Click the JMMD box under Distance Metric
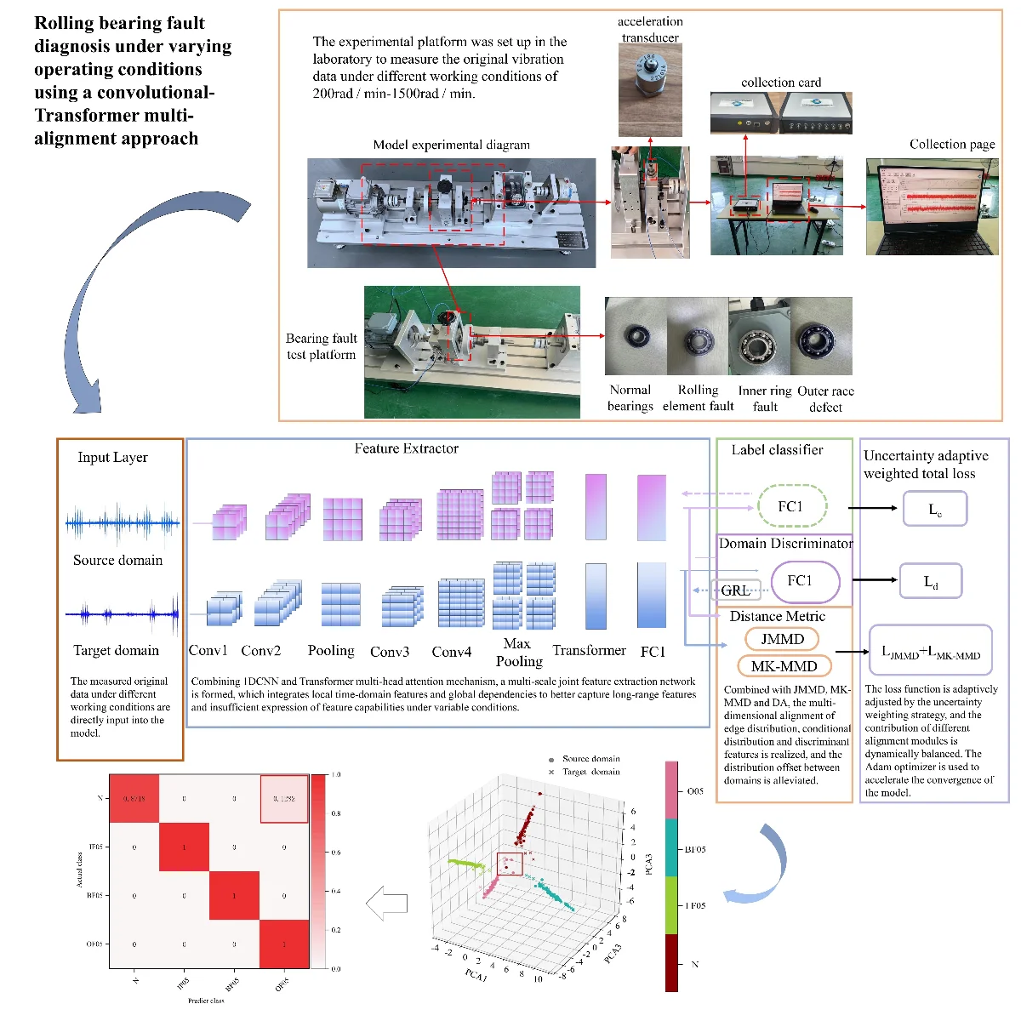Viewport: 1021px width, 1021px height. (782, 639)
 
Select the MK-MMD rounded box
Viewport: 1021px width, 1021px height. (784, 666)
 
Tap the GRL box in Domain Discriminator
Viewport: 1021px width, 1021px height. (736, 590)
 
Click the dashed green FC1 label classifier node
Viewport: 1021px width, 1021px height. (791, 507)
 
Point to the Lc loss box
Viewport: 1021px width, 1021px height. (935, 510)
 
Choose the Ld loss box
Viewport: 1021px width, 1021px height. (931, 582)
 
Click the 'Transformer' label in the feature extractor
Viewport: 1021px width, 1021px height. (589, 650)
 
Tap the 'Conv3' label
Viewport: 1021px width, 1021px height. (390, 652)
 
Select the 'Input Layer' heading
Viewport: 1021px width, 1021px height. (112, 457)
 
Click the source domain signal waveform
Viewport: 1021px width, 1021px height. (123, 522)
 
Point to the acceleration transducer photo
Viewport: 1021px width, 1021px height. (650, 90)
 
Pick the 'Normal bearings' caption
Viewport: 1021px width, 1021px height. (630, 397)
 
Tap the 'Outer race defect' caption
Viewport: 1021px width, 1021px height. (825, 398)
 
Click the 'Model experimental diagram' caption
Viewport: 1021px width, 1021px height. (451, 145)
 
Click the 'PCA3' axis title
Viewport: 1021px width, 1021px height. (648, 864)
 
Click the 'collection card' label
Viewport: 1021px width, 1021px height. (781, 83)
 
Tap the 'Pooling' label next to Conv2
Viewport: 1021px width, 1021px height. (331, 650)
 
